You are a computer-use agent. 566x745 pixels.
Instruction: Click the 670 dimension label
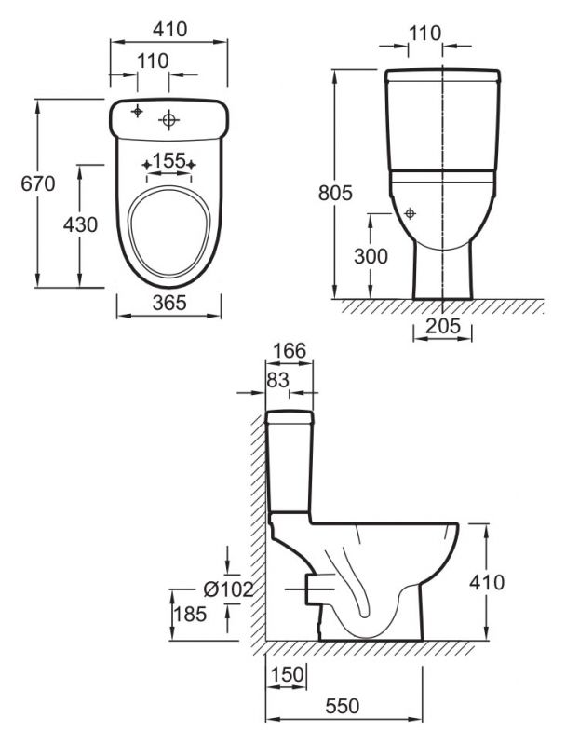tap(38, 183)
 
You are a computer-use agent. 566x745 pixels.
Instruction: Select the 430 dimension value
tap(80, 224)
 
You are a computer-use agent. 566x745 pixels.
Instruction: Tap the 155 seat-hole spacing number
tap(169, 160)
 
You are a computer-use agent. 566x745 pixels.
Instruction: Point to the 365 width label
tap(169, 302)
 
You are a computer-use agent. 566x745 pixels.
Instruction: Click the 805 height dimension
tap(335, 193)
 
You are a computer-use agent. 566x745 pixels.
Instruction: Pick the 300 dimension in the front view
tap(371, 257)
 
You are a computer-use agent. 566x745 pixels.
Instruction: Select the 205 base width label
tap(443, 326)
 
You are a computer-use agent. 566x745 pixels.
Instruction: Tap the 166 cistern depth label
tap(290, 351)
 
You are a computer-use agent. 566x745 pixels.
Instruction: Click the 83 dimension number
tap(277, 380)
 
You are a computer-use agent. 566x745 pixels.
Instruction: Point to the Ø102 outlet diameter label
tap(228, 589)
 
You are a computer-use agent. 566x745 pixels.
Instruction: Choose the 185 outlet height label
tap(190, 615)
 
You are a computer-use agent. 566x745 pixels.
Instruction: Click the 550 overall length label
tap(343, 706)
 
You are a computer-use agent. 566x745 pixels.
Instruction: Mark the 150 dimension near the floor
tap(287, 673)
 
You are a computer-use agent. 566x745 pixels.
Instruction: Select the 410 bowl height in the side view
tap(487, 583)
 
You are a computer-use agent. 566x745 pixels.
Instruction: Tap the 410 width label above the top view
tap(170, 30)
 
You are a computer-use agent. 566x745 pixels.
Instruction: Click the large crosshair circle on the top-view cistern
tap(168, 120)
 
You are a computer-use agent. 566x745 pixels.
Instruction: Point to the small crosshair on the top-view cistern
tap(137, 111)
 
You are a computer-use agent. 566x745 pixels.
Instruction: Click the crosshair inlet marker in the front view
tap(410, 214)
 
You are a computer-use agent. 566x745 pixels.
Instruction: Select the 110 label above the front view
tap(425, 34)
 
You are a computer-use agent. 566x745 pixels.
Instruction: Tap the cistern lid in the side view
tap(290, 417)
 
